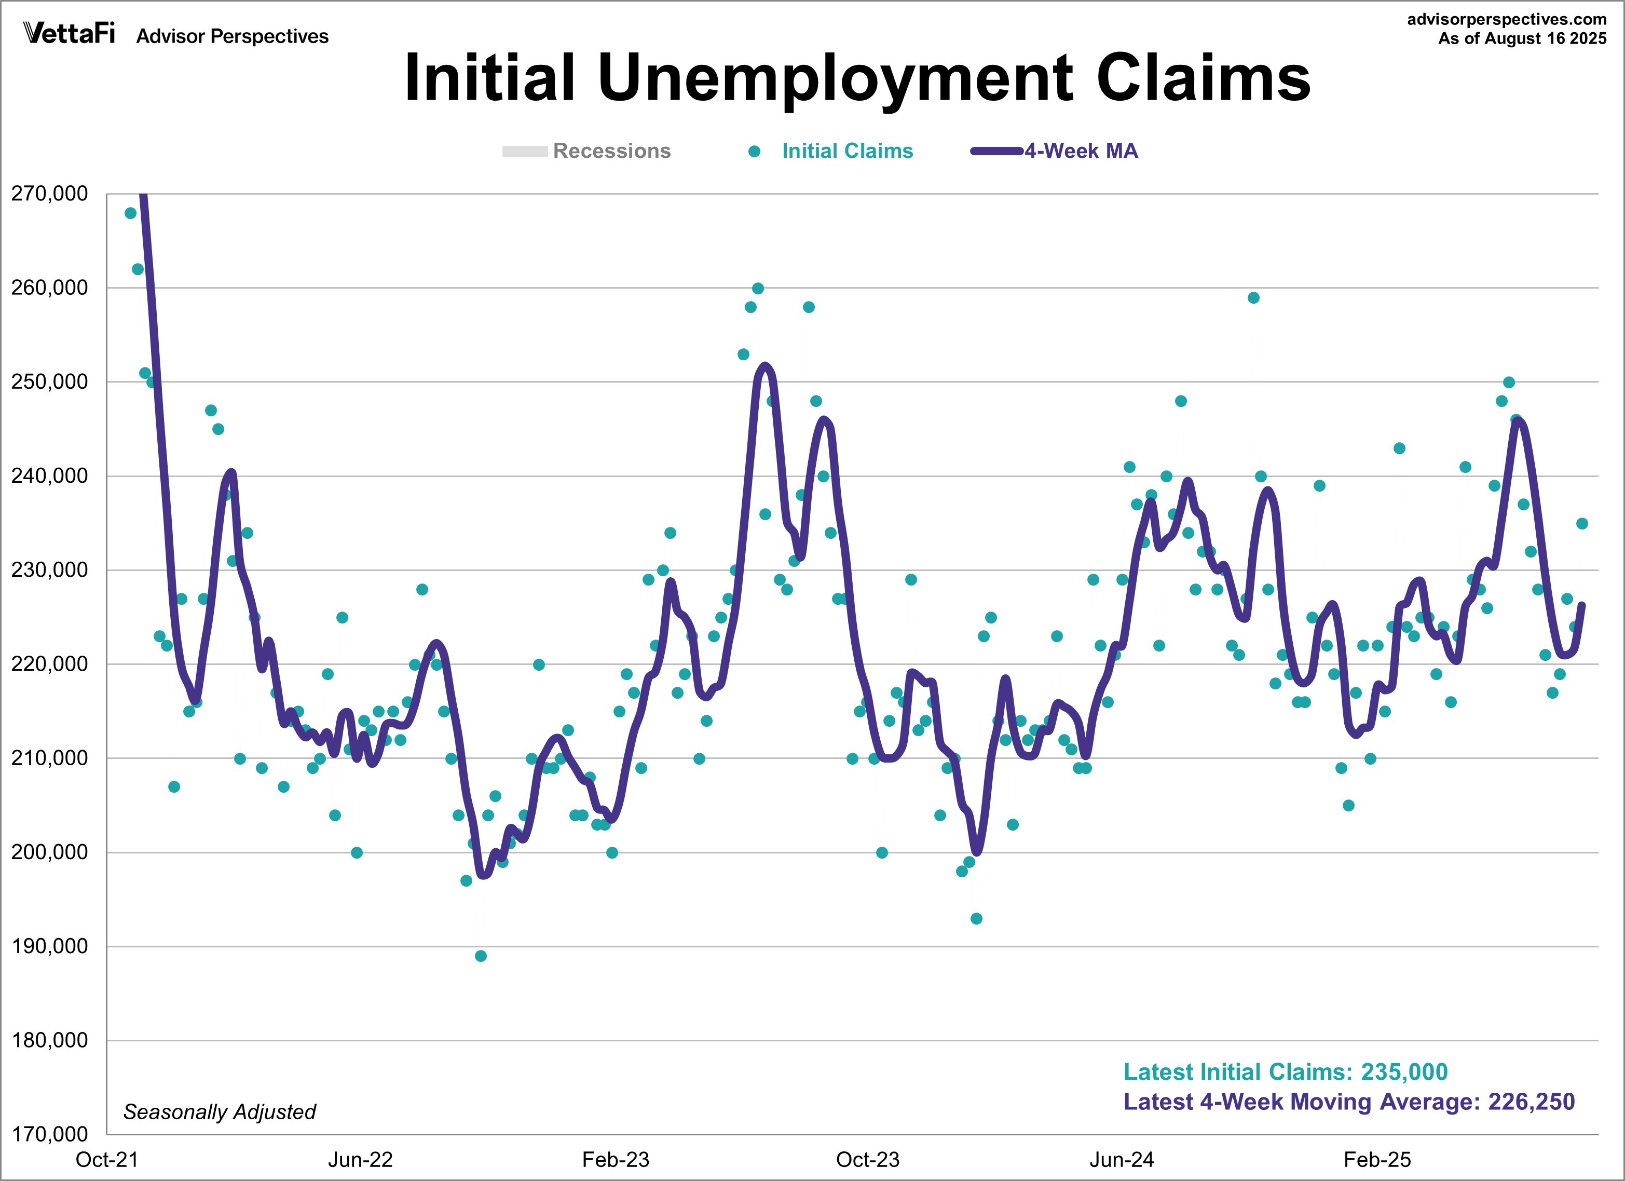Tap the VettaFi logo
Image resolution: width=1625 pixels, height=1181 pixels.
pos(69,33)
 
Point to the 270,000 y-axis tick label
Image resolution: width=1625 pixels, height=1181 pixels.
pos(49,194)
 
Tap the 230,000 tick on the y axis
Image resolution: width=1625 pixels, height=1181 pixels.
pos(49,569)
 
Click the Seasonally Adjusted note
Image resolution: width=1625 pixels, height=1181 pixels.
pos(219,1111)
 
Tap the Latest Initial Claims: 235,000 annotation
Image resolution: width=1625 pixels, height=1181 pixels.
pos(1286,1071)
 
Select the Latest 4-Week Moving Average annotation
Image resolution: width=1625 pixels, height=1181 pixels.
pos(1349,1102)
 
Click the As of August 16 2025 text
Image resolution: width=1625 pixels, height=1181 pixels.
pos(1523,39)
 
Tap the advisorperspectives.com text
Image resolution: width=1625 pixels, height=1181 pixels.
pos(1507,19)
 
